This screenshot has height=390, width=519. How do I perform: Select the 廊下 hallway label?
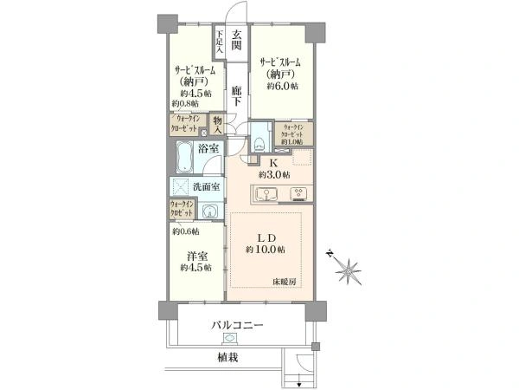point(237,95)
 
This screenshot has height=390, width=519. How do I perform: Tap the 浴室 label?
point(208,150)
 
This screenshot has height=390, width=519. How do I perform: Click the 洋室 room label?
point(195,256)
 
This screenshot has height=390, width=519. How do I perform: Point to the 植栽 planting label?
point(229,356)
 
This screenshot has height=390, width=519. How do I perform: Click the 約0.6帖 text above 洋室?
point(186,231)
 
